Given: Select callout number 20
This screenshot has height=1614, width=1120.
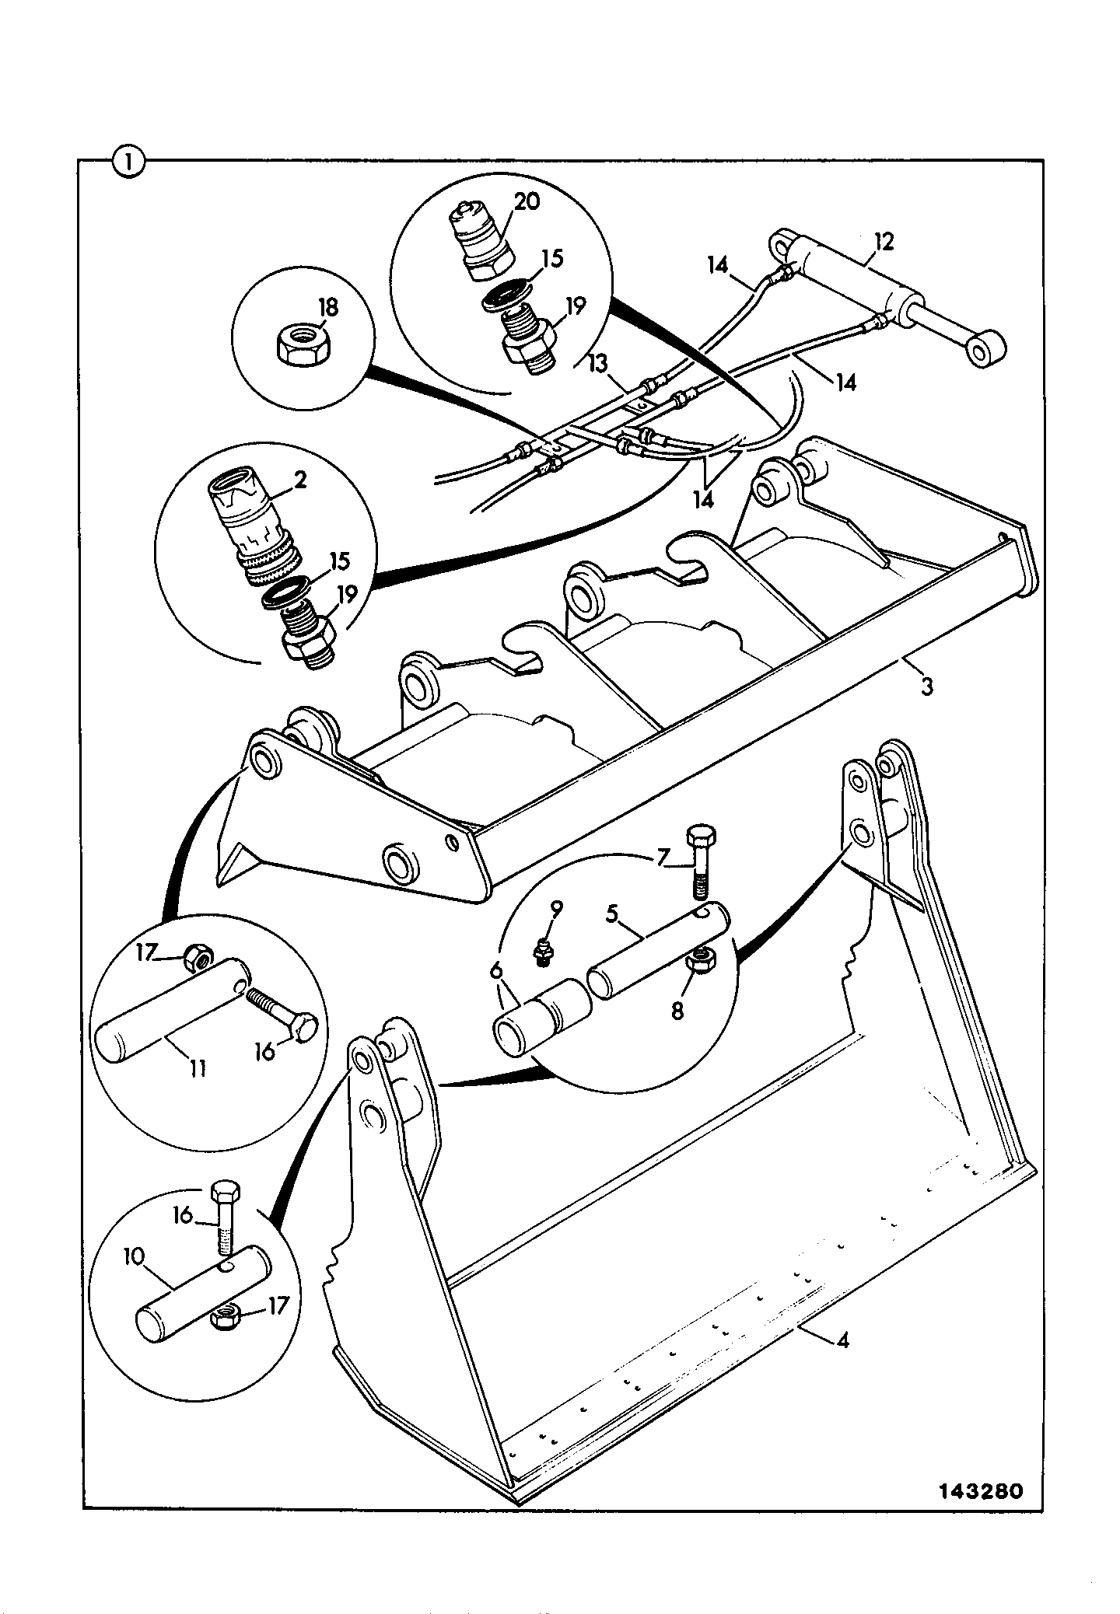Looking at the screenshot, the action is [x=527, y=202].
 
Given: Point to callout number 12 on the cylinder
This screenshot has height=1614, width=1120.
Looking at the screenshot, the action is [x=884, y=242].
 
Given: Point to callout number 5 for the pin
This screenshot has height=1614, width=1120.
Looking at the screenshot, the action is [x=612, y=914].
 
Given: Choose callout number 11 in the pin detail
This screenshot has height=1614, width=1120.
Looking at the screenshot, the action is [x=198, y=1068].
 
